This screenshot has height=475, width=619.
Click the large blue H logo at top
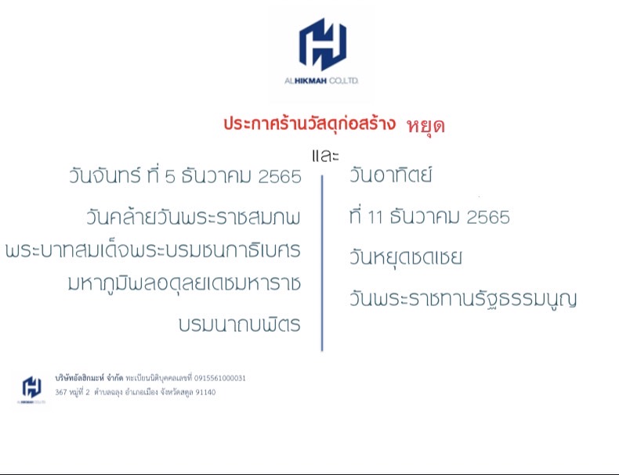(x=323, y=44)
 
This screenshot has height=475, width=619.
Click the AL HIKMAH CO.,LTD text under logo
(x=321, y=81)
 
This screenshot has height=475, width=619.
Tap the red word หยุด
(x=425, y=126)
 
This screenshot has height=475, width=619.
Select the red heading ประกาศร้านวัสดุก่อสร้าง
(x=309, y=124)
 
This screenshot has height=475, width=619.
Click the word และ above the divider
(x=325, y=156)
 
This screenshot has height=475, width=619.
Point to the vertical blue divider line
(x=322, y=263)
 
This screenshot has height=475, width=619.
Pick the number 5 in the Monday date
(x=170, y=177)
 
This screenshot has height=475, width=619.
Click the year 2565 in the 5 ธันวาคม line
(x=280, y=177)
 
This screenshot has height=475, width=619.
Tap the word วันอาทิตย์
(x=390, y=174)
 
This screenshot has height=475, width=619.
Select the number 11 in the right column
(x=375, y=218)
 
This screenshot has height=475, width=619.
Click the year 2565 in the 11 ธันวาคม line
(x=488, y=218)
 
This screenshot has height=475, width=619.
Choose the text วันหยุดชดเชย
(x=405, y=258)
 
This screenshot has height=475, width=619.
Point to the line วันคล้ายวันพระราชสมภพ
(x=194, y=217)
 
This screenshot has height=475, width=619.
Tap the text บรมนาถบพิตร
(x=240, y=324)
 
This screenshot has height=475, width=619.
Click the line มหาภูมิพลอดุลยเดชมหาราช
(x=184, y=283)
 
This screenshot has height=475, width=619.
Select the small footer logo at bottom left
(x=31, y=388)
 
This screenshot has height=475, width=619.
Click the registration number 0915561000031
(x=220, y=379)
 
